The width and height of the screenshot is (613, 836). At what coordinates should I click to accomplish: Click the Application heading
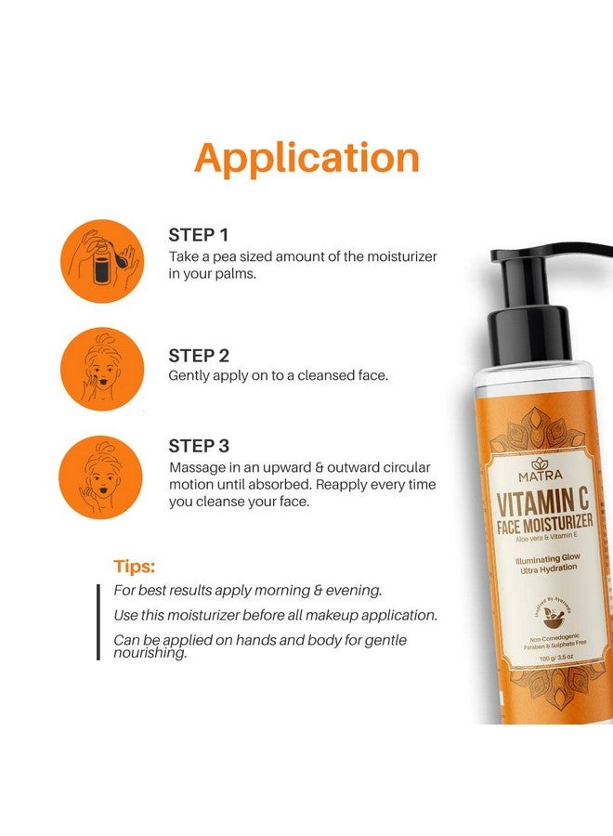[306, 158]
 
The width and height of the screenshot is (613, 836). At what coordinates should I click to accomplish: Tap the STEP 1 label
[198, 235]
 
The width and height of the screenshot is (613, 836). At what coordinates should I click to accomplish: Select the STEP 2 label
[199, 355]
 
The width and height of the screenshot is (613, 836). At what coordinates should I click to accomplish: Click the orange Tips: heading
[134, 566]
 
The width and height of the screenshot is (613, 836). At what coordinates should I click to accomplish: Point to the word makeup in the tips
[351, 615]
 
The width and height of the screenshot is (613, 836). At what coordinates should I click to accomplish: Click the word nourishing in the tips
[150, 652]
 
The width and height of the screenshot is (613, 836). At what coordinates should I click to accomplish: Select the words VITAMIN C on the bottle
[538, 506]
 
